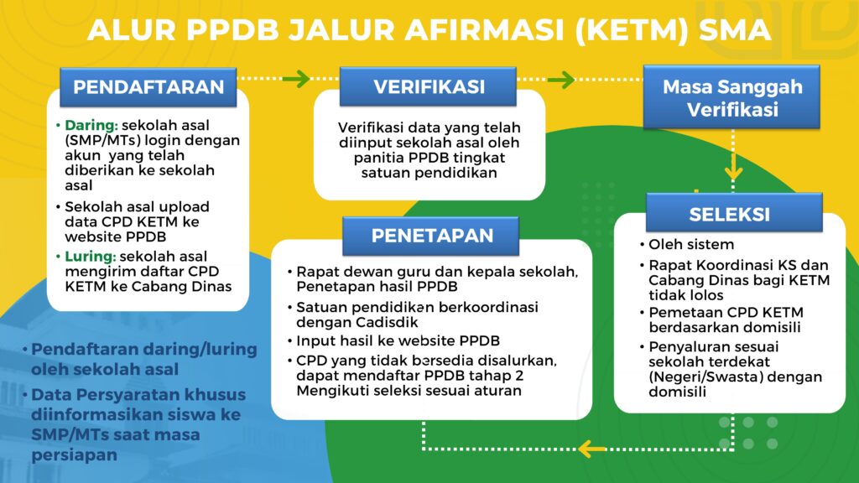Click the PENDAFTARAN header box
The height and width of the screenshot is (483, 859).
coord(148,86)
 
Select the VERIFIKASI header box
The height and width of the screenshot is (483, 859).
coord(428,86)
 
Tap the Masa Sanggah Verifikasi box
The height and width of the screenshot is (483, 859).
coord(731,97)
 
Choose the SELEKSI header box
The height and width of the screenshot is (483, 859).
coord(734,212)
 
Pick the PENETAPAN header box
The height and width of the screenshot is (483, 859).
coord(430,236)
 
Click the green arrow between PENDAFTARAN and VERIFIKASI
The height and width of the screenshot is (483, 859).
coord(296,79)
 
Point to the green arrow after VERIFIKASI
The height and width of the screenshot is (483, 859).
coord(561,80)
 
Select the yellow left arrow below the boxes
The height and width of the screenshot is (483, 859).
coord(592,449)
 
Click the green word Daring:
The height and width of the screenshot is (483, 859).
coord(91,126)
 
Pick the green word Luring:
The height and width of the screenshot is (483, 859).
coord(91,257)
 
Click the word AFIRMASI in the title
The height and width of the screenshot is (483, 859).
coord(485,30)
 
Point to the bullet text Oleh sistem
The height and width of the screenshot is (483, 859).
coord(691,244)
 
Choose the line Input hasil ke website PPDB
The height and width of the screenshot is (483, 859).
coord(398,340)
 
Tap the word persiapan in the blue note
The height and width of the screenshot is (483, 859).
coord(74,455)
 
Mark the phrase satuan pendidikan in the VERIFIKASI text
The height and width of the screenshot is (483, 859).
coord(429,173)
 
